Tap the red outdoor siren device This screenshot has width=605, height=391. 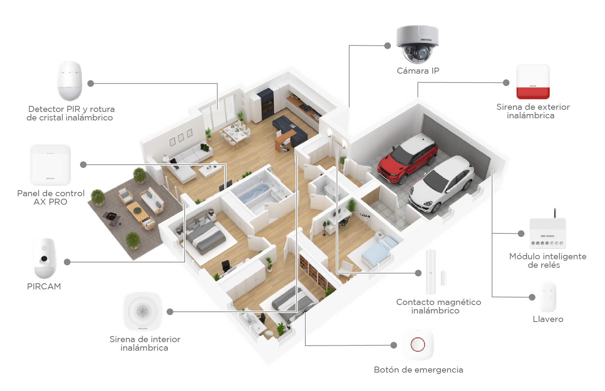coord(533,82)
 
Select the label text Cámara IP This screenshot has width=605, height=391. coord(418,71)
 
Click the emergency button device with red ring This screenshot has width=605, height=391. coord(417,345)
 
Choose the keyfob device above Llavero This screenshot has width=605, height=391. coord(547,297)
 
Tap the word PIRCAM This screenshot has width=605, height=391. coord(44,287)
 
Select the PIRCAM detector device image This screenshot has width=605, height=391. coord(45,258)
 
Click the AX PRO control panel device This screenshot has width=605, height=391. coord(50,165)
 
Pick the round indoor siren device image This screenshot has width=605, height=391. coord(143,311)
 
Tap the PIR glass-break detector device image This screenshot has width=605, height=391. coord(69,81)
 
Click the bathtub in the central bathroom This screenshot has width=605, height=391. coord(255,193)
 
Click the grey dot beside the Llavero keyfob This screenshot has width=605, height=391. coord(532,297)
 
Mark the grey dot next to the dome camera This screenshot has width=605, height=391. coord(388,46)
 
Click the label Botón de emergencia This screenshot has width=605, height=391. coord(418,370)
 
